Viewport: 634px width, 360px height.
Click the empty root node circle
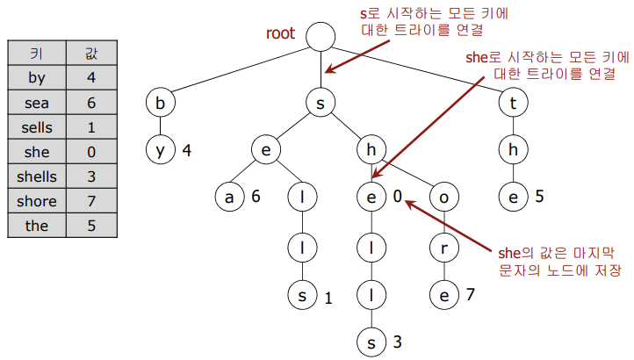pyautogui.click(x=321, y=36)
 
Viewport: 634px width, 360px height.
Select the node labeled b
pyautogui.click(x=160, y=103)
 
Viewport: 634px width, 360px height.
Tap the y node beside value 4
pyautogui.click(x=160, y=149)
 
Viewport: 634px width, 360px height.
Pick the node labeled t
pyautogui.click(x=513, y=103)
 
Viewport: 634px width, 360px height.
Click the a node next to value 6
pyautogui.click(x=229, y=197)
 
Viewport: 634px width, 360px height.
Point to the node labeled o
pyautogui.click(x=444, y=197)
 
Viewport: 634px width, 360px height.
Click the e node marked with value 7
pyautogui.click(x=444, y=294)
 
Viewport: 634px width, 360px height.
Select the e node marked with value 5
pyautogui.click(x=513, y=197)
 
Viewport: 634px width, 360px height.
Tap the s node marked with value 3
pyautogui.click(x=371, y=342)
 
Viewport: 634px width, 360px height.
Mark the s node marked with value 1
pyautogui.click(x=302, y=294)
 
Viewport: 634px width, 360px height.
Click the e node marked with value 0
pyautogui.click(x=371, y=197)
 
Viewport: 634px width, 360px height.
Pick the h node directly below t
pyautogui.click(x=513, y=149)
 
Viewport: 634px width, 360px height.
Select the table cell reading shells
pyautogui.click(x=37, y=176)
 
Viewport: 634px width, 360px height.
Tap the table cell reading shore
pyautogui.click(x=37, y=201)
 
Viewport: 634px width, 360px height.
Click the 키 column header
pyautogui.click(x=37, y=54)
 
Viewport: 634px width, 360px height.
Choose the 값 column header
pyautogui.click(x=91, y=54)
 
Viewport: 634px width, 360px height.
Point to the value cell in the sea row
pyautogui.click(x=91, y=103)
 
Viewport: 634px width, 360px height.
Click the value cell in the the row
pyautogui.click(x=91, y=226)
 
